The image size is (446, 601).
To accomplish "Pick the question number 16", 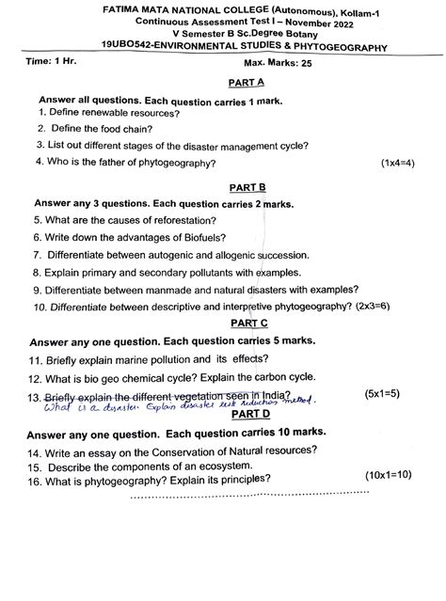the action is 37,480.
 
